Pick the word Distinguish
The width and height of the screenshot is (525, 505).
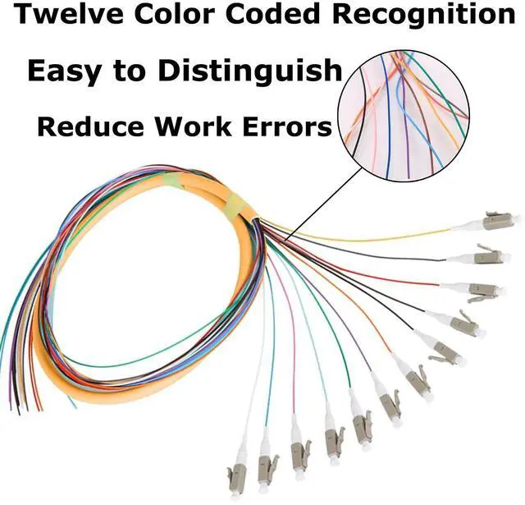(250, 72)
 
